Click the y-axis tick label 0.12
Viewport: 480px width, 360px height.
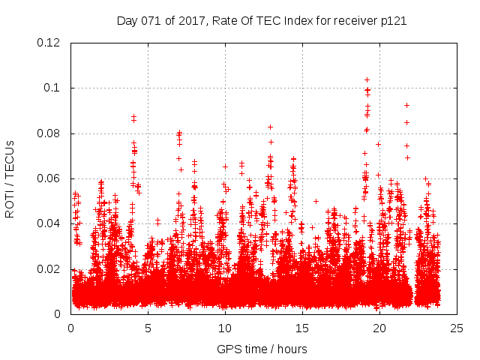tap(49, 43)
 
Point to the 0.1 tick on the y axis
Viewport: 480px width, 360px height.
tap(53, 88)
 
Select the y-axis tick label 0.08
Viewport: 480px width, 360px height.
tap(49, 133)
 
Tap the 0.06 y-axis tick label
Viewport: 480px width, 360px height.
tap(49, 178)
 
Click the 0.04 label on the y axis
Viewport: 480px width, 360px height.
tap(49, 223)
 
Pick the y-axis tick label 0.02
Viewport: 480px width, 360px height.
tap(49, 268)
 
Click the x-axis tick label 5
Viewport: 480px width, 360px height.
tap(148, 328)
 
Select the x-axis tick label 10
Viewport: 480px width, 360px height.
tap(225, 328)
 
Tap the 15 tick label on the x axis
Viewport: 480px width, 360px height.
tap(302, 328)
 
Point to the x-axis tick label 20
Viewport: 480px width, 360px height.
tap(379, 328)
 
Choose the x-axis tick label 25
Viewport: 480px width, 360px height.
tap(457, 328)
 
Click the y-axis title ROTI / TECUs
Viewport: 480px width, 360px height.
tap(10, 178)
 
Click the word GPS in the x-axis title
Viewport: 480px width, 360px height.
tap(228, 349)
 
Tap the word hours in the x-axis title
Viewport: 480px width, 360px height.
tap(292, 349)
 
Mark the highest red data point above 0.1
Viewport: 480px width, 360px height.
tap(367, 79)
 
